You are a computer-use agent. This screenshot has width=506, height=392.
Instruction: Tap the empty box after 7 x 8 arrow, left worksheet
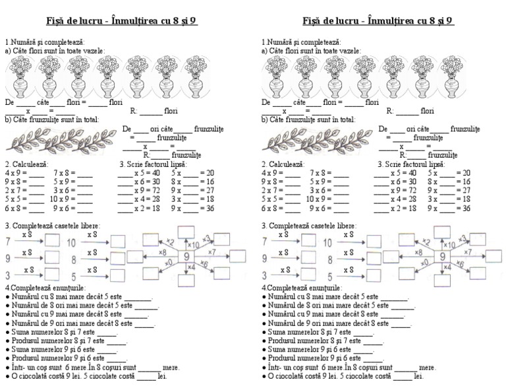(x=53, y=241)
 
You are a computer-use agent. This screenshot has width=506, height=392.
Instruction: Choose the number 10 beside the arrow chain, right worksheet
(x=328, y=243)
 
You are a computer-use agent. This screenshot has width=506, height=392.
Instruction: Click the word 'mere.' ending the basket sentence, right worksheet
(x=428, y=368)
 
